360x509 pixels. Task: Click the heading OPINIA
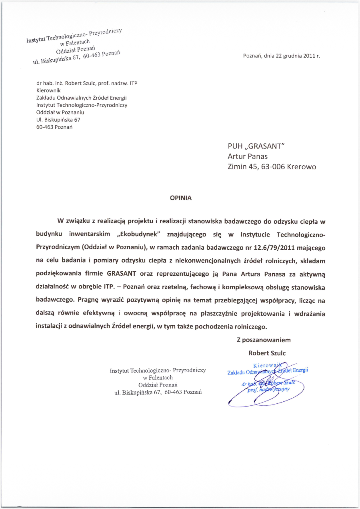pos(181,198)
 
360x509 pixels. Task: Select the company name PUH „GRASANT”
pos(256,146)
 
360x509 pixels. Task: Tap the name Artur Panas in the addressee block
pos(248,156)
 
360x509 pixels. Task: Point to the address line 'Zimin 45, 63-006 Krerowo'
pos(272,167)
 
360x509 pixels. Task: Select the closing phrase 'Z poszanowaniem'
pos(264,340)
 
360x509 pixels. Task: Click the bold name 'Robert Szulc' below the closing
pos(267,353)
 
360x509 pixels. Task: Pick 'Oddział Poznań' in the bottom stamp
pos(158,385)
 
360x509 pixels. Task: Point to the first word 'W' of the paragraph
pos(61,221)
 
